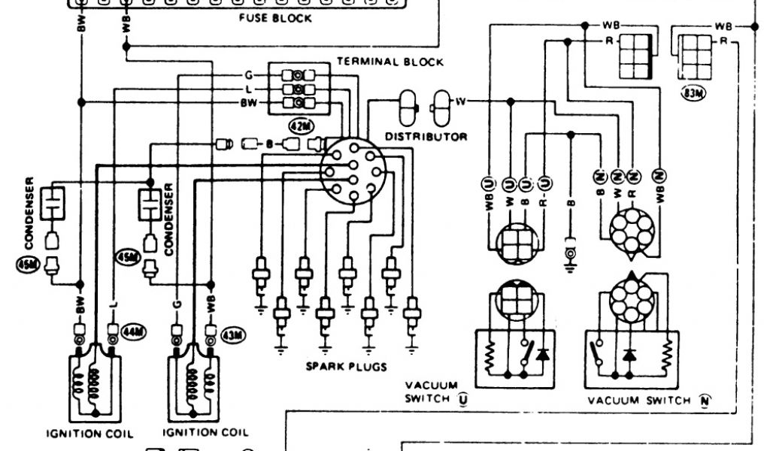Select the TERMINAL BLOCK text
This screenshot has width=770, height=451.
[390, 62]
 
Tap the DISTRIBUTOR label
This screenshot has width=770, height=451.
[426, 137]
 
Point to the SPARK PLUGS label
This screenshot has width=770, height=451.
[346, 367]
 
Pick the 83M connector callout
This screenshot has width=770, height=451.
[690, 94]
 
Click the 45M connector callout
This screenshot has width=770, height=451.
[126, 257]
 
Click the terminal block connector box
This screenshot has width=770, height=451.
[299, 89]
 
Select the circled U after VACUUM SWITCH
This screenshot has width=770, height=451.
[462, 398]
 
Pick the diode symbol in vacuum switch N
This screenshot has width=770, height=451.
[629, 353]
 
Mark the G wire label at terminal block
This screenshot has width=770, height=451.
[247, 76]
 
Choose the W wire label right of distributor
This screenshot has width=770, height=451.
[459, 100]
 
